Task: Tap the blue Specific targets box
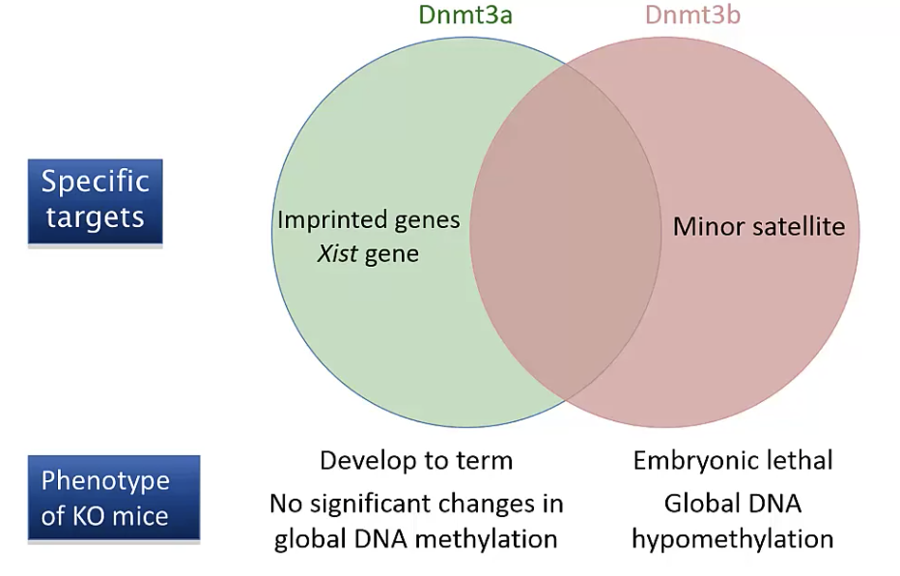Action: (95, 200)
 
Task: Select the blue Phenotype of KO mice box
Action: (113, 498)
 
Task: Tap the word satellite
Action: (801, 227)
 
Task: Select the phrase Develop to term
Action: (416, 461)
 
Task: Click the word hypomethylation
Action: (732, 538)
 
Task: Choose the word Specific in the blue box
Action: (95, 182)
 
